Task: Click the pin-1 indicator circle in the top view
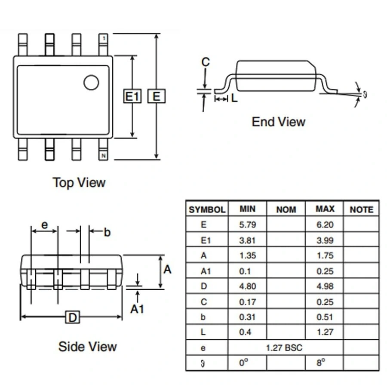pyautogui.click(x=91, y=82)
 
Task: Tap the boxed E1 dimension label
pyautogui.click(x=132, y=96)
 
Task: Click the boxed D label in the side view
pyautogui.click(x=73, y=317)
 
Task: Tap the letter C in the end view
pyautogui.click(x=206, y=62)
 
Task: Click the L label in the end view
pyautogui.click(x=234, y=98)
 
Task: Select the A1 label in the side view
pyautogui.click(x=137, y=308)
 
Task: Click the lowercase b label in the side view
pyautogui.click(x=107, y=233)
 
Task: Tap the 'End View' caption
pyautogui.click(x=278, y=122)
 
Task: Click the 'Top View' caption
pyautogui.click(x=79, y=182)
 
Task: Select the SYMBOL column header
pyautogui.click(x=207, y=210)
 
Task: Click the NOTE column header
pyautogui.click(x=361, y=210)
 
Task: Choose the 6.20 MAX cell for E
pyautogui.click(x=325, y=224)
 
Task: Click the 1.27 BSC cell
pyautogui.click(x=284, y=347)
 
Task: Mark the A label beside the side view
pyautogui.click(x=167, y=270)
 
